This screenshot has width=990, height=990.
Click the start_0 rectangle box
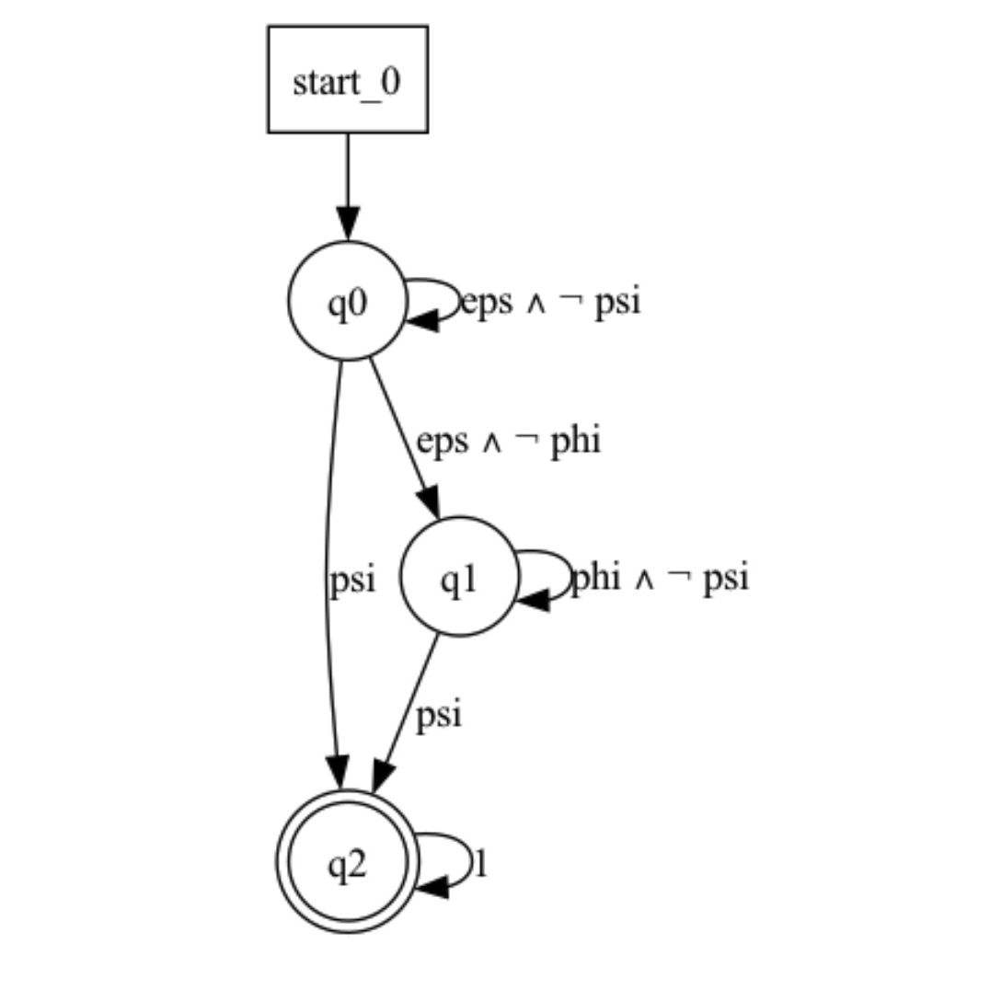[x=347, y=80]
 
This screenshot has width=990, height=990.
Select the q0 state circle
[x=348, y=300]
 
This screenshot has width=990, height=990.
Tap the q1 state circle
[x=459, y=577]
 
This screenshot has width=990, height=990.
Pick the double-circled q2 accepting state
[x=348, y=861]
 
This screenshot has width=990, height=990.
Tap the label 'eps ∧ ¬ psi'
[x=550, y=302]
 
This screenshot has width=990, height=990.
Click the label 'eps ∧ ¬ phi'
[x=508, y=441]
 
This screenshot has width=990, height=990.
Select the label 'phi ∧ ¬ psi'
[x=660, y=578]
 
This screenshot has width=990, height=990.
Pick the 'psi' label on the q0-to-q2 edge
[x=351, y=580]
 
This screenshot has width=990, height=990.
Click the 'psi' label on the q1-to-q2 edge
[x=437, y=715]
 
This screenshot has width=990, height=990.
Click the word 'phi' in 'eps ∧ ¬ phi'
[x=575, y=441]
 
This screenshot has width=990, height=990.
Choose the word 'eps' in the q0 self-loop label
[x=486, y=302]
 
